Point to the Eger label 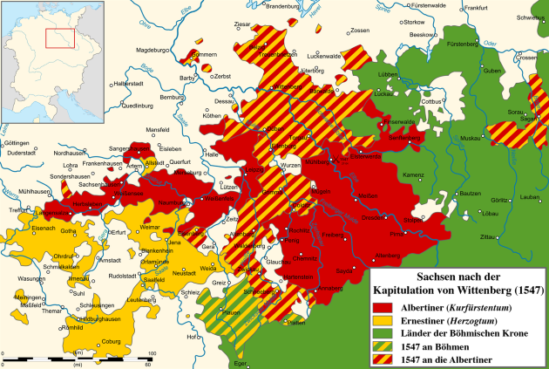coord(241,363)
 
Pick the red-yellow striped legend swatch coord(383,360)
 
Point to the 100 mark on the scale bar coord(151,352)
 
